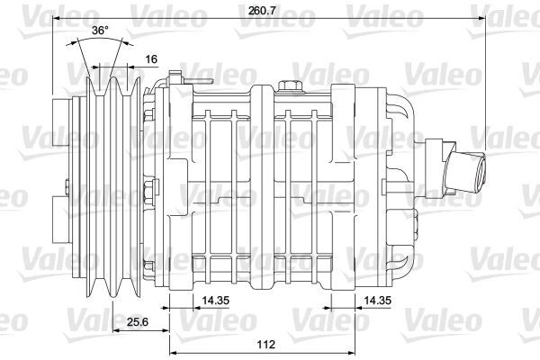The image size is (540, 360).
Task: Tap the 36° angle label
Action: point(100,31)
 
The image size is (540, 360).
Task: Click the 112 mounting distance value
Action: point(265,344)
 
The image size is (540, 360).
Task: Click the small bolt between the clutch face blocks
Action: point(68,189)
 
